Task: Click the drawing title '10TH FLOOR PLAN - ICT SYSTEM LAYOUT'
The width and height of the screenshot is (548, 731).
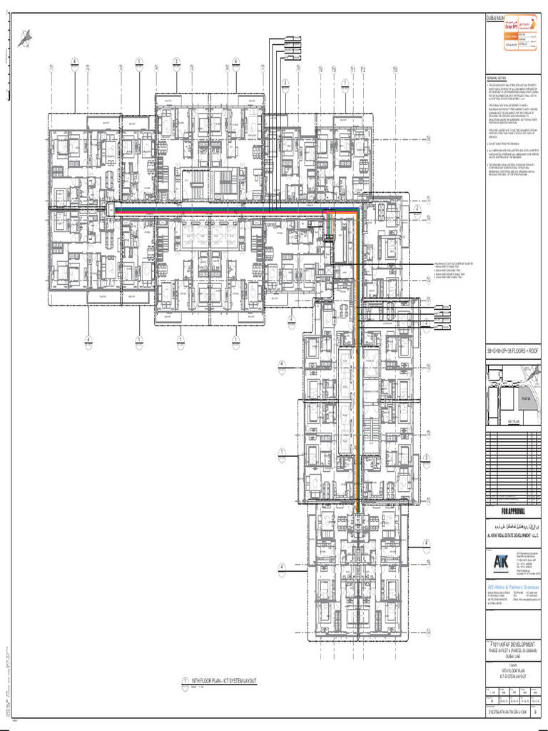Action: coord(218,680)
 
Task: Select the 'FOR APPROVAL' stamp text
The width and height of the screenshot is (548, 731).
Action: coord(512,512)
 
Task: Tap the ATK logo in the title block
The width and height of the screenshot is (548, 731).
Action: coord(502,561)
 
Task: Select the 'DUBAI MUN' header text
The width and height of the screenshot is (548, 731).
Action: coord(499,16)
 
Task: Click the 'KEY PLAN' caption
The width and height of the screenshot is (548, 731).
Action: coord(515,423)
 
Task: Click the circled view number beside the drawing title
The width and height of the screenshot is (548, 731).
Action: coord(175,682)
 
